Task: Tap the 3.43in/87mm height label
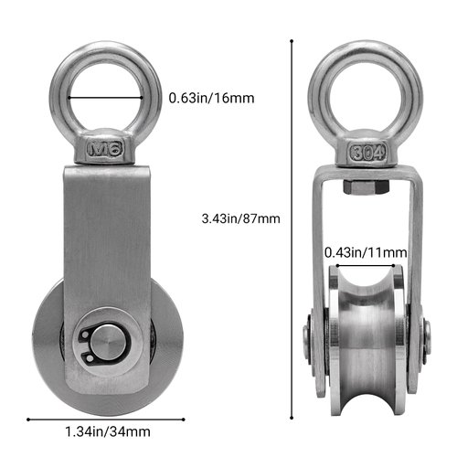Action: pyautogui.click(x=239, y=218)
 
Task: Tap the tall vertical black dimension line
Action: pyautogui.click(x=292, y=228)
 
